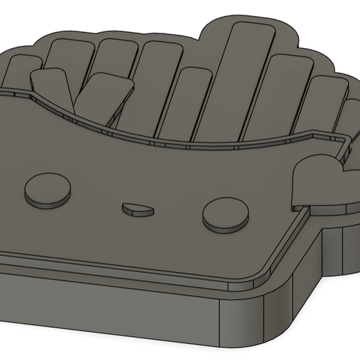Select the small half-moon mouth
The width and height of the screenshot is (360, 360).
136,207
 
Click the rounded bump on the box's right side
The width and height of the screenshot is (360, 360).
313,178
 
